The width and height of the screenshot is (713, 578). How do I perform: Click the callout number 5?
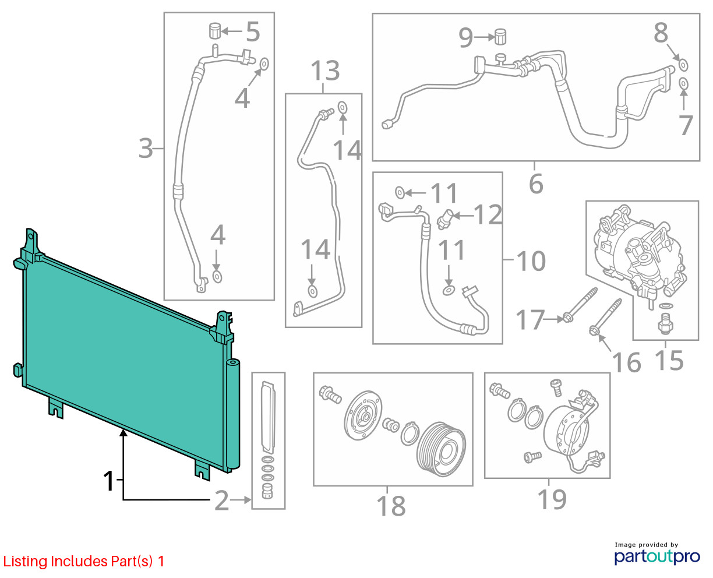tap(253, 32)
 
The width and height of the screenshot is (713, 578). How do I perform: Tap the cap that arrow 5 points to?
tap(215, 30)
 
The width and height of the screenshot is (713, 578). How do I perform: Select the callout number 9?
tap(465, 37)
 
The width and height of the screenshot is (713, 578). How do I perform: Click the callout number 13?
tap(325, 71)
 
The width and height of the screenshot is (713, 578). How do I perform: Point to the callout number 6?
tap(536, 184)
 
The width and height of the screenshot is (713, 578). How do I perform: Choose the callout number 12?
tap(488, 214)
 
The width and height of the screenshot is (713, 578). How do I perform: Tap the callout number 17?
tap(530, 319)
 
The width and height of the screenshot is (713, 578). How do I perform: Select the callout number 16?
tap(626, 362)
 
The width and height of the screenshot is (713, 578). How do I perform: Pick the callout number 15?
tap(669, 360)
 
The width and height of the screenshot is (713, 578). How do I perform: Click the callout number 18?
tap(391, 506)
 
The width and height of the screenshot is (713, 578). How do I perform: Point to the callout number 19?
tap(552, 499)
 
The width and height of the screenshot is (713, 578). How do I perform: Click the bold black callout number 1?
tap(109, 481)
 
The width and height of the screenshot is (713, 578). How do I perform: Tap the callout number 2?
tap(221, 501)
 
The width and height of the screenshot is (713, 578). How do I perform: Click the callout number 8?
tap(661, 33)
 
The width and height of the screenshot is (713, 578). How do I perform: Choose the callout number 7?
tap(685, 125)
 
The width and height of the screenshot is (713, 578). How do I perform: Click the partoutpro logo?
tap(656, 556)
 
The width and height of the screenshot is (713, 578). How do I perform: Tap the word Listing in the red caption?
tap(26, 562)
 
